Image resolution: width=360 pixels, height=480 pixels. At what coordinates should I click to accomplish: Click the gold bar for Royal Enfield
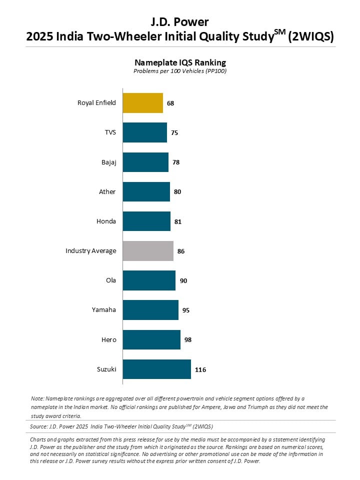[143, 103]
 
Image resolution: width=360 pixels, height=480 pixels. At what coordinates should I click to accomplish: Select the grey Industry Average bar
[148, 251]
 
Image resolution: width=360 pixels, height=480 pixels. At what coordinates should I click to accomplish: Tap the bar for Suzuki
[157, 369]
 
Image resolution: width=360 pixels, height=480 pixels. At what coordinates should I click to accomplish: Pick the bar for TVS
[145, 132]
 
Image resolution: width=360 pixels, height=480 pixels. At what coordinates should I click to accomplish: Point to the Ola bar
[149, 280]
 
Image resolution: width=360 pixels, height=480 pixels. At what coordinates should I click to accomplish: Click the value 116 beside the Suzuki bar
[200, 370]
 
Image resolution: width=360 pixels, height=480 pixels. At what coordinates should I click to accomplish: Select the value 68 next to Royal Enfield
[170, 103]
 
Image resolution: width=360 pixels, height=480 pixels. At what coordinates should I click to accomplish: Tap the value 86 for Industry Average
[181, 251]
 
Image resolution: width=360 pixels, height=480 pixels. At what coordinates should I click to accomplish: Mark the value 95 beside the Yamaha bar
[186, 310]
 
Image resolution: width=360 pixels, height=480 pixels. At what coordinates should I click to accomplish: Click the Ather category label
[107, 191]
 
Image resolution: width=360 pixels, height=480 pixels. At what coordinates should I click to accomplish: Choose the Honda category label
[106, 221]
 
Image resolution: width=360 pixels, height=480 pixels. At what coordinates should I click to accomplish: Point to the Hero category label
[109, 340]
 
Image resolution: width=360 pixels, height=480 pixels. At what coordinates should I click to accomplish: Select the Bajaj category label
[109, 162]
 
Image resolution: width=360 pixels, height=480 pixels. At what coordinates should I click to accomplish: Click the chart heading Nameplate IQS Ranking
[180, 62]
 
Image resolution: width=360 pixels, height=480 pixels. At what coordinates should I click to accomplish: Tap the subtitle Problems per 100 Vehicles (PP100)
[180, 71]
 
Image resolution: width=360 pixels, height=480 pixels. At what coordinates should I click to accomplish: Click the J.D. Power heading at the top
[179, 22]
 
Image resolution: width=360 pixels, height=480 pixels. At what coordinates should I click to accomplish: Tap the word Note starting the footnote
[37, 398]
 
